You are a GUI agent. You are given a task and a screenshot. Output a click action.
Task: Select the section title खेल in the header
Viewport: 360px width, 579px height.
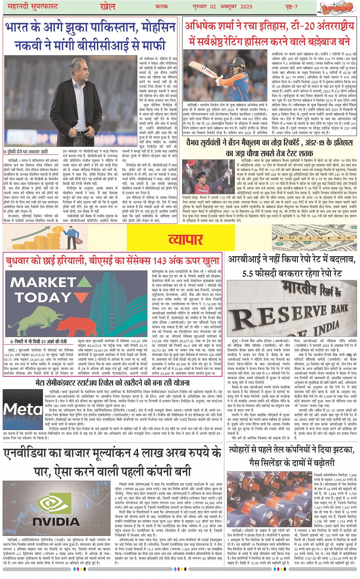point(107,6)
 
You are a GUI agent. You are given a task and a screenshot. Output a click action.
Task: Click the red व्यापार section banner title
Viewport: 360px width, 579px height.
point(186,239)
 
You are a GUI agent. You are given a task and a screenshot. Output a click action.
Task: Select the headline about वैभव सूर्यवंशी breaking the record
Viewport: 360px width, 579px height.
point(269,148)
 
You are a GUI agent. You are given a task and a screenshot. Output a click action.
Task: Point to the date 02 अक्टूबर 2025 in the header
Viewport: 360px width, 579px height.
point(227,6)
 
